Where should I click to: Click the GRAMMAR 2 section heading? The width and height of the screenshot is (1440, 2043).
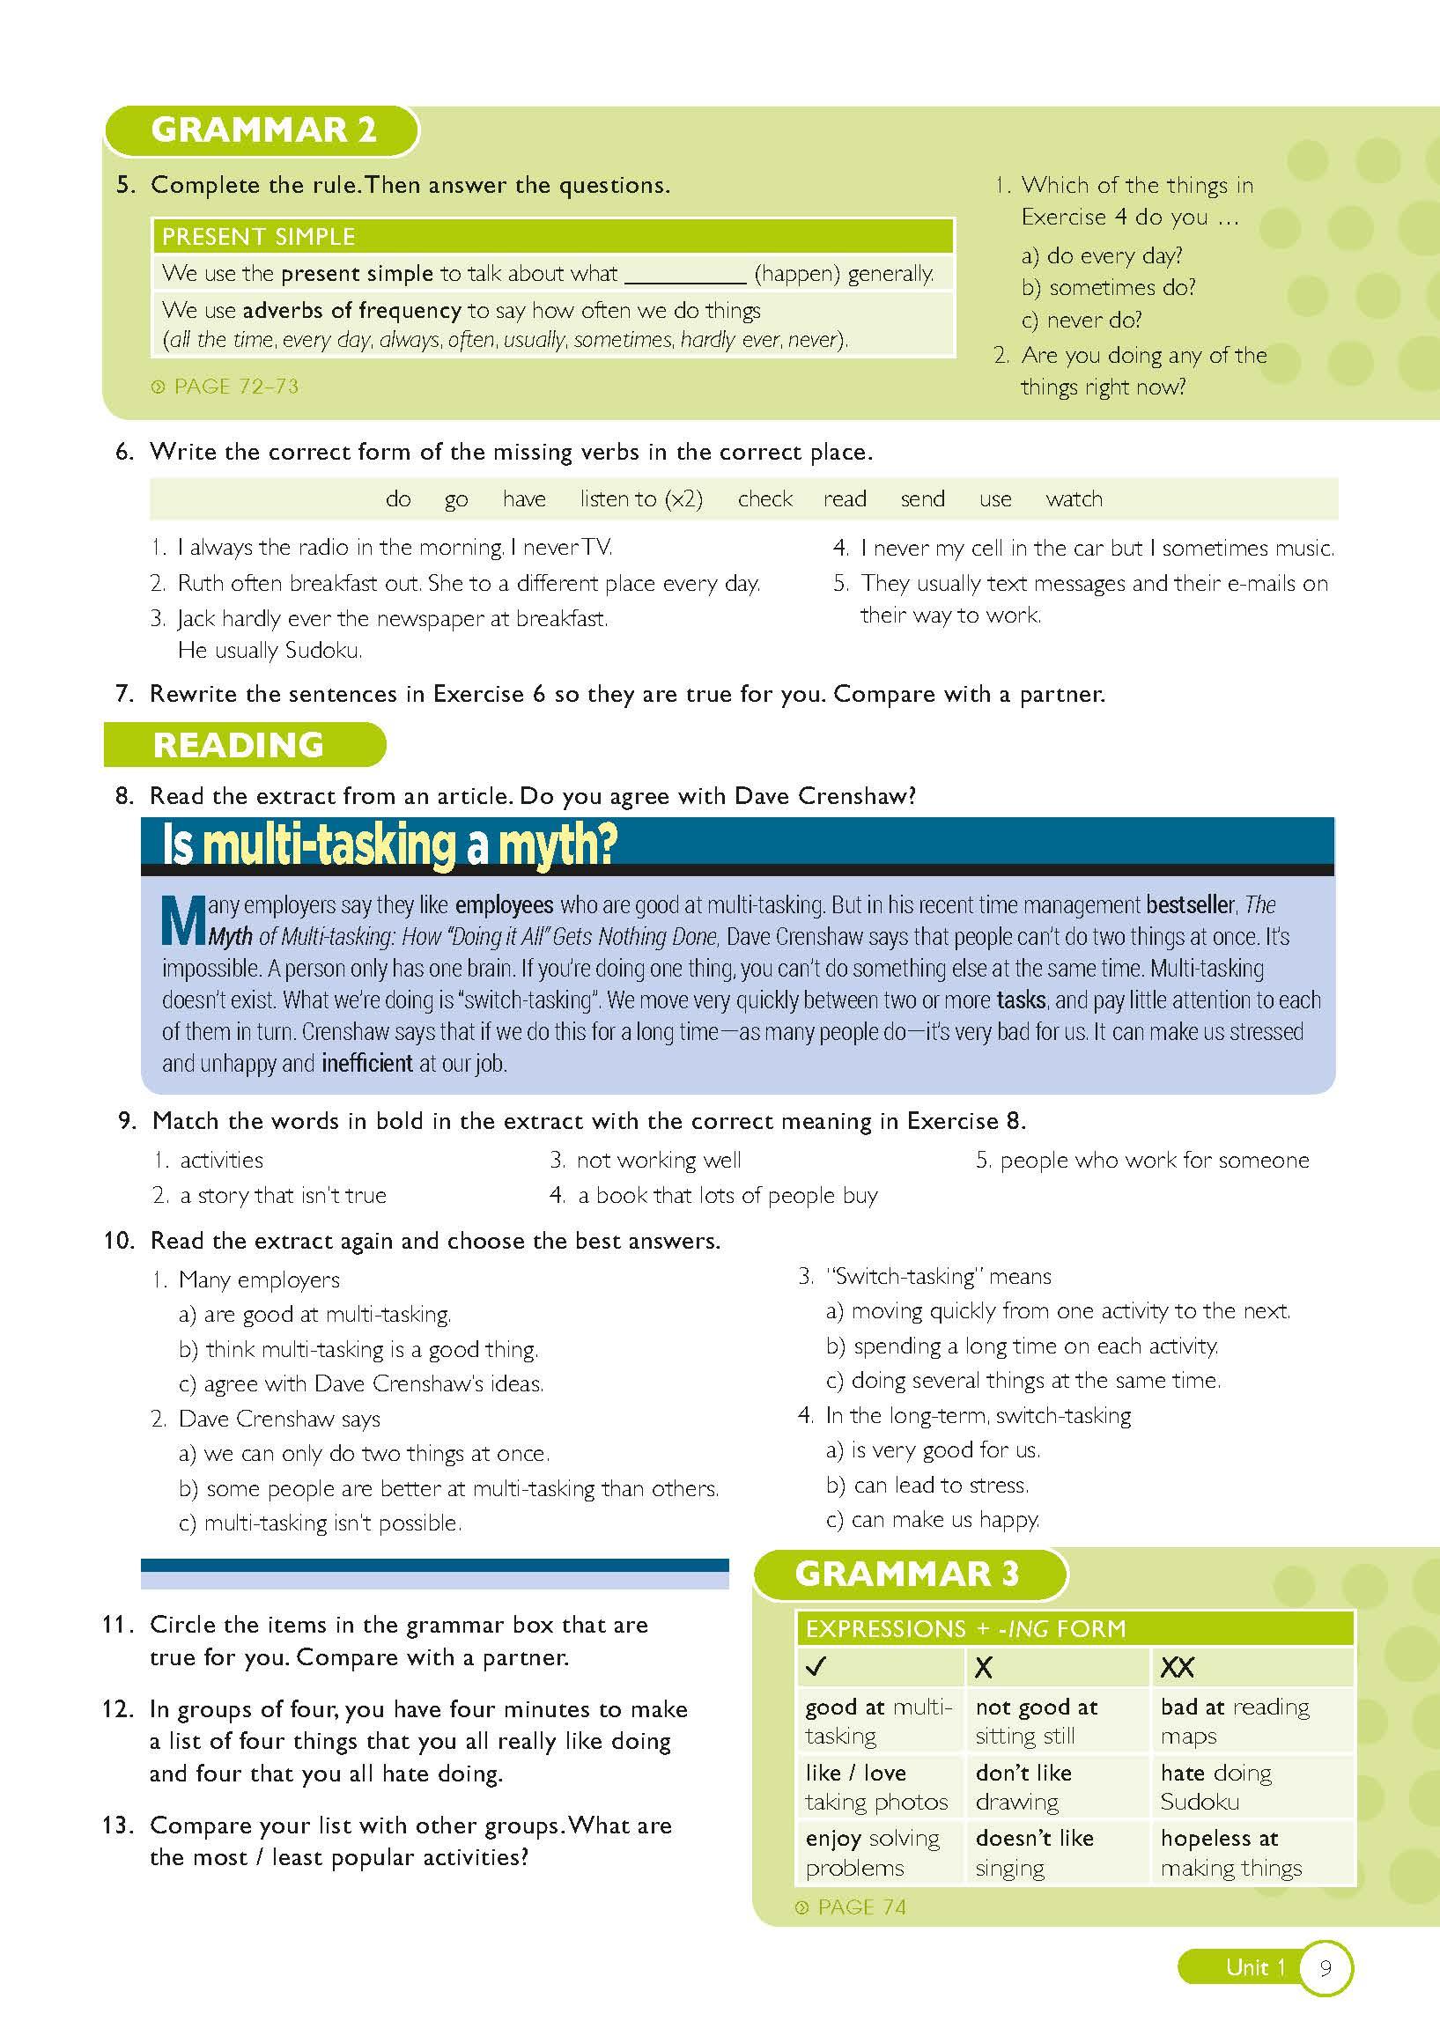click(x=263, y=130)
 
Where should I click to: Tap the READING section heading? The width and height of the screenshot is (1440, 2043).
click(x=239, y=745)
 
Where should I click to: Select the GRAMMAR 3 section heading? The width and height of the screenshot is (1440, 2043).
click(x=906, y=1573)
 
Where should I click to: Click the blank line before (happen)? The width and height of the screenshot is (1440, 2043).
click(x=684, y=275)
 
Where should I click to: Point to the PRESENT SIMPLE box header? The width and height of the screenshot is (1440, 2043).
click(x=552, y=236)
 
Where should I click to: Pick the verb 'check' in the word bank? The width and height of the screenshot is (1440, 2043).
click(x=764, y=499)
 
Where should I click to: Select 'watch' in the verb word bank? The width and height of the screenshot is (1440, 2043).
click(x=1074, y=499)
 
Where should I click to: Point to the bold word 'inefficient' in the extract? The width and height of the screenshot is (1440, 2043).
click(x=366, y=1062)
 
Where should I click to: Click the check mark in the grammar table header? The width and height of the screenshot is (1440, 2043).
click(x=816, y=1667)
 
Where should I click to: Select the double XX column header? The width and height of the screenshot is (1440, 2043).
click(x=1177, y=1667)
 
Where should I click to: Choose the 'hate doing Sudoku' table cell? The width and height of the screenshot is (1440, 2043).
click(x=1215, y=1786)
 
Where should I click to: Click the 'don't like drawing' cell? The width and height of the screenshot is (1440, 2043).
click(x=1023, y=1786)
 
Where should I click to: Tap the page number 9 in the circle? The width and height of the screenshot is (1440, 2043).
click(x=1326, y=1967)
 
